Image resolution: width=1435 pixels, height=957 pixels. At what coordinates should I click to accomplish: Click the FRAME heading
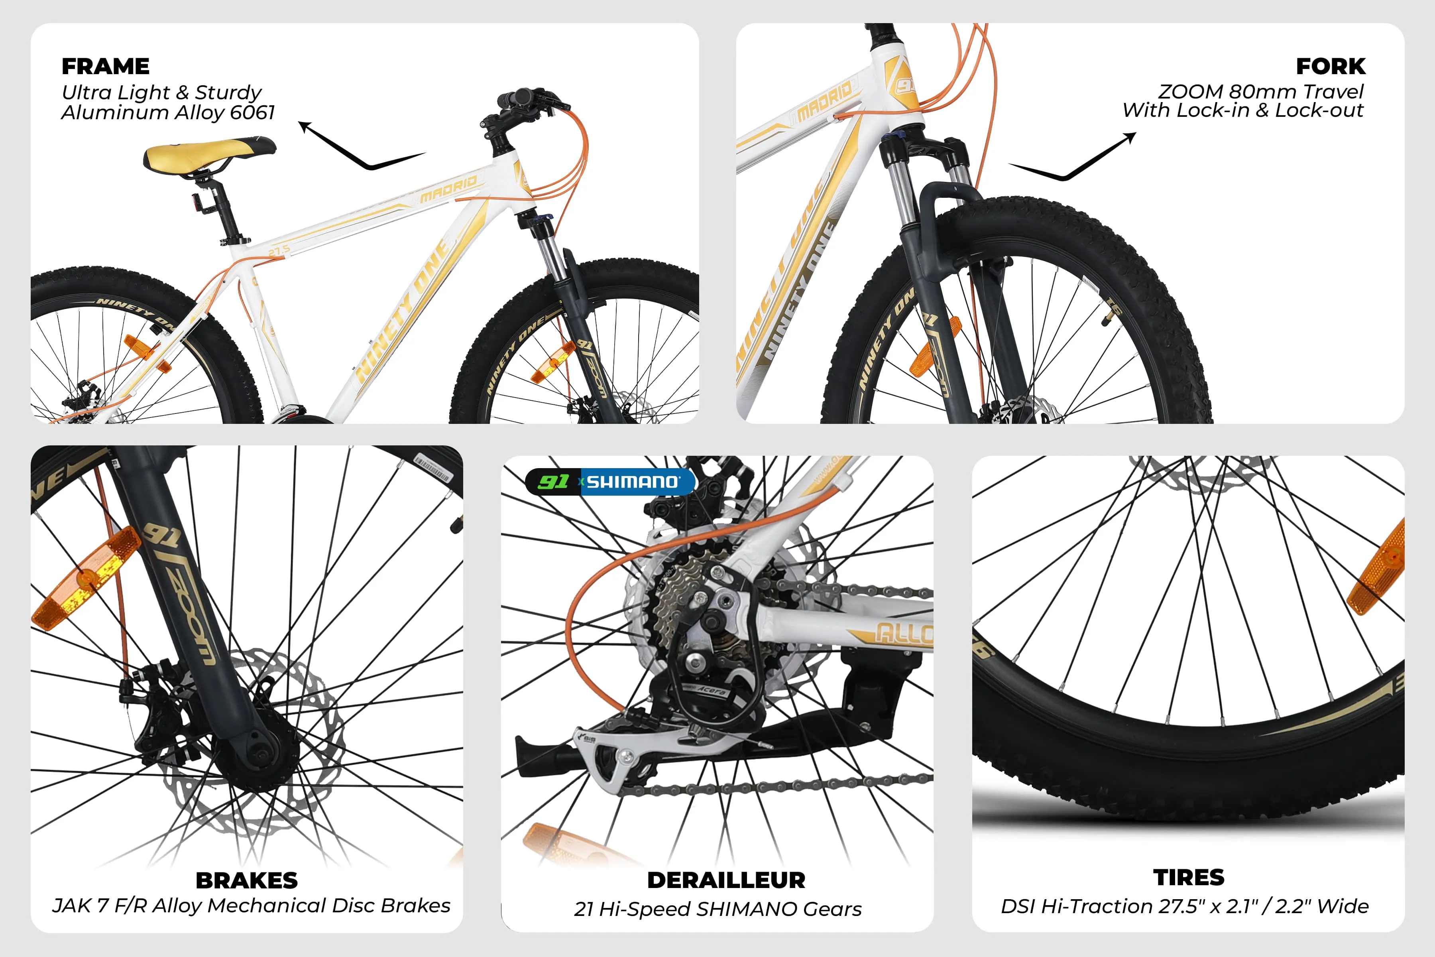(x=106, y=66)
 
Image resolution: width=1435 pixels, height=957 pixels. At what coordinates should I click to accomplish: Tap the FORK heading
(x=1331, y=66)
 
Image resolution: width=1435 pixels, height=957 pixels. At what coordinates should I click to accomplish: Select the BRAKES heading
(x=246, y=880)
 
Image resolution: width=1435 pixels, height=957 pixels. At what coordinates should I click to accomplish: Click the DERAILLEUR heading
(x=726, y=880)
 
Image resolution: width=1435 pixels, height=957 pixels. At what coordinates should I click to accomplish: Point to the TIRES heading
(x=1189, y=877)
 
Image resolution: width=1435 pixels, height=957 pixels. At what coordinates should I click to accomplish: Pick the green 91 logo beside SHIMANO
(x=553, y=482)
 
